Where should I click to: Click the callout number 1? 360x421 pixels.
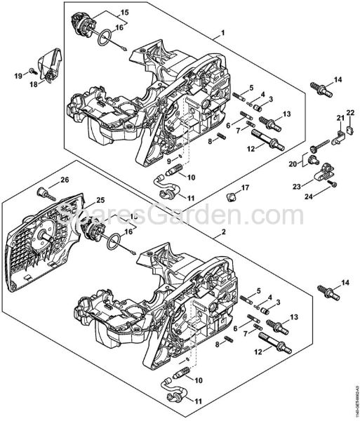tap(223, 33)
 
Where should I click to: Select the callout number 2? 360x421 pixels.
tap(223, 232)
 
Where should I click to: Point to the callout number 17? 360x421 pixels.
tap(245, 187)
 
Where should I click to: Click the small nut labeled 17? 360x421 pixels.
tap(232, 194)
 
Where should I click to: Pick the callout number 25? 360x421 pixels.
tap(100, 200)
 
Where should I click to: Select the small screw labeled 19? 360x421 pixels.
tap(32, 72)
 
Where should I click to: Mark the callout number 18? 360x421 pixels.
tap(32, 85)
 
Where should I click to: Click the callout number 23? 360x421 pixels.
tap(297, 186)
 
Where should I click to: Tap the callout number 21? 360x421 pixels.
tap(340, 116)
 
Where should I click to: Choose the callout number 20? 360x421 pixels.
tap(294, 163)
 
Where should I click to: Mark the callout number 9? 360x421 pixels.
tap(168, 161)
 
